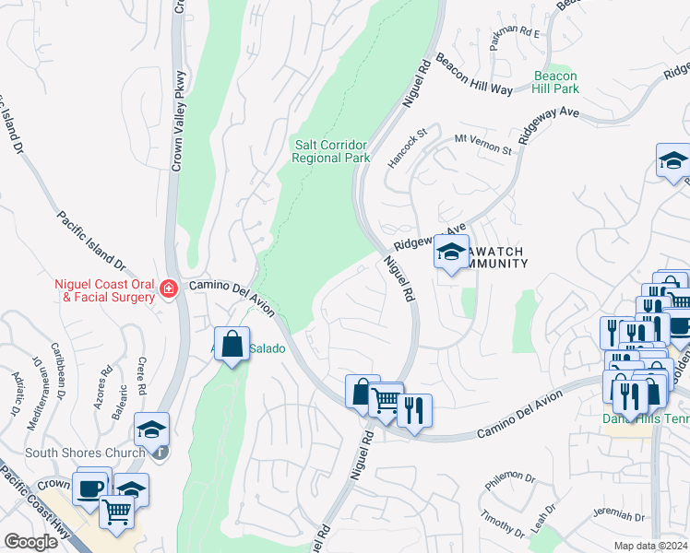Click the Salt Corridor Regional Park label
pyautogui.click(x=330, y=151)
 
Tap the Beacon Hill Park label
pyautogui.click(x=555, y=82)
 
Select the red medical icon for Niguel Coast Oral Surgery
pyautogui.click(x=168, y=289)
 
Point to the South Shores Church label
pyautogui.click(x=85, y=453)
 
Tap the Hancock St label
pyautogui.click(x=409, y=147)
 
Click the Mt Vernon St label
pyautogui.click(x=482, y=144)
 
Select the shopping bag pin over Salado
pyautogui.click(x=232, y=345)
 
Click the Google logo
pyautogui.click(x=30, y=541)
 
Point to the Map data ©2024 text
pyautogui.click(x=650, y=546)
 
